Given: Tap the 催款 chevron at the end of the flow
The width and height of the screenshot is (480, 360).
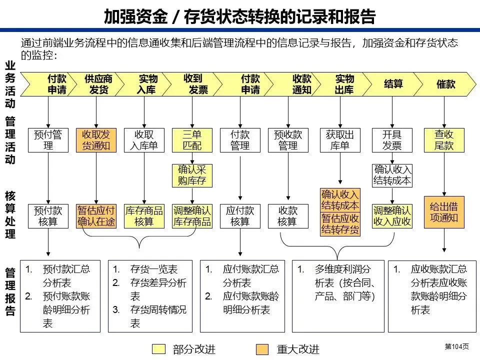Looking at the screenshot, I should point(445,84).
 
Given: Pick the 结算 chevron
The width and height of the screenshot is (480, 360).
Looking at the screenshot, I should point(393,84).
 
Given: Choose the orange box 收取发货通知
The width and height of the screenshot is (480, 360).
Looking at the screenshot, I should point(96,140).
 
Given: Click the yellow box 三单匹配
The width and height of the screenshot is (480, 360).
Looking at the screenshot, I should point(192,140).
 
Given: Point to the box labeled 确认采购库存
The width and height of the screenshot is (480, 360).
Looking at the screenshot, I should point(192,175).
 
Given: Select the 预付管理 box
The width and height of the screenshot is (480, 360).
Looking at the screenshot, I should point(48,140).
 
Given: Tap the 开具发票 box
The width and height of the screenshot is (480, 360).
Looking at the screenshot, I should point(392,140).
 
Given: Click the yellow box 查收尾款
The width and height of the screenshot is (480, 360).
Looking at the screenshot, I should point(444,140).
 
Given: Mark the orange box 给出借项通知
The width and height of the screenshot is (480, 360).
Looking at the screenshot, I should point(444,211).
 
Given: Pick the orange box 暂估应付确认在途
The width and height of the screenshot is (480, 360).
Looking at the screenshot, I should point(96,216).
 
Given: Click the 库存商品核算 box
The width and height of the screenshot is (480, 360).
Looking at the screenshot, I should point(144,216).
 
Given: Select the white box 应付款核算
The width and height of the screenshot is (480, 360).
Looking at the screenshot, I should point(240,216).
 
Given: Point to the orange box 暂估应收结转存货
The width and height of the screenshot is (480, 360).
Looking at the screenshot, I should point(340,224).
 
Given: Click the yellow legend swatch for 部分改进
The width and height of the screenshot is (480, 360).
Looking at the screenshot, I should point(158,349).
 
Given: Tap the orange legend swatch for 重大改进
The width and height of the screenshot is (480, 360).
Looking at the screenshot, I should point(262,349).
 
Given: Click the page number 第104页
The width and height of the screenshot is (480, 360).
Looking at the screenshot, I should point(456,346).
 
